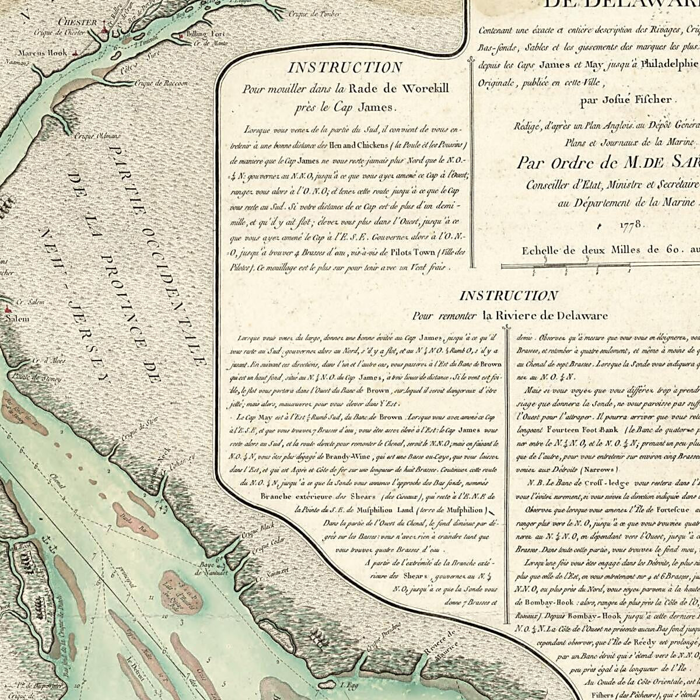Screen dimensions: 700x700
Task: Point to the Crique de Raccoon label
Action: [162, 83]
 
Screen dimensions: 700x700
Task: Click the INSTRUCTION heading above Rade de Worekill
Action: [345, 68]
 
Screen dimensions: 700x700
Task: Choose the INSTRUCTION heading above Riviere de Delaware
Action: [509, 296]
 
